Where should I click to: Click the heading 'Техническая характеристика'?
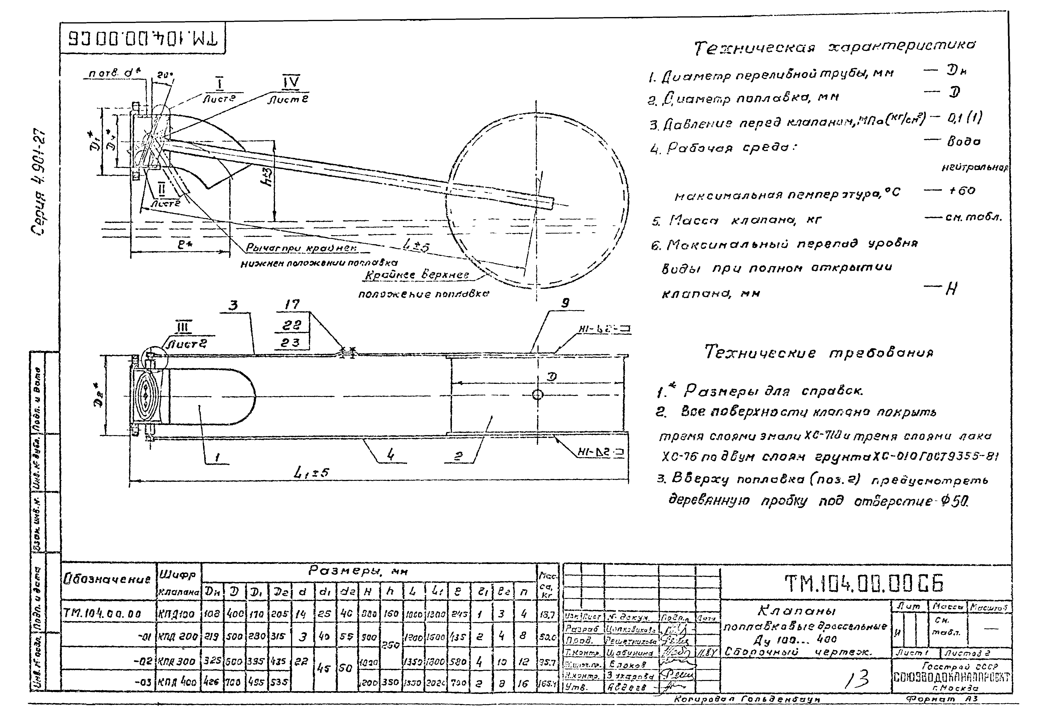click(x=835, y=47)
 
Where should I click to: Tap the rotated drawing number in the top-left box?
click(x=143, y=39)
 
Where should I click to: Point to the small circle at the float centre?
click(x=537, y=395)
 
